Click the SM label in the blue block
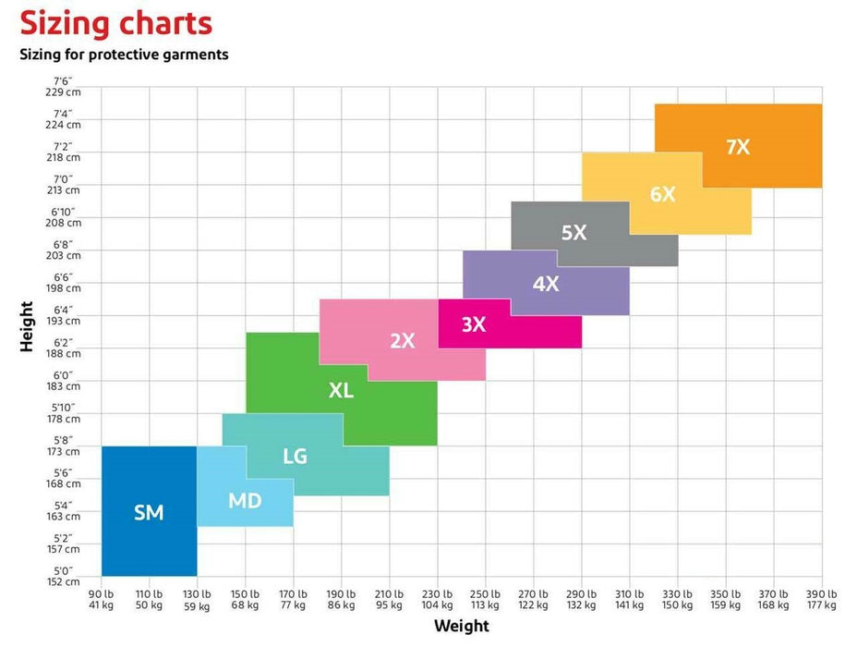pyautogui.click(x=149, y=512)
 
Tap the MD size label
pyautogui.click(x=245, y=500)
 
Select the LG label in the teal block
pyautogui.click(x=296, y=456)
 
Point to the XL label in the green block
pyautogui.click(x=341, y=390)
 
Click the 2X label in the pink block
pyautogui.click(x=403, y=341)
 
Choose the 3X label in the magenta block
pyautogui.click(x=474, y=324)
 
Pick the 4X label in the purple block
pyautogui.click(x=546, y=284)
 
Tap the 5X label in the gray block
pyautogui.click(x=573, y=232)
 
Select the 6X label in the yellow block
pyautogui.click(x=662, y=194)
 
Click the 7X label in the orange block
pyautogui.click(x=738, y=147)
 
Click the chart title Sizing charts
pyautogui.click(x=115, y=24)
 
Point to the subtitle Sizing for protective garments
pyautogui.click(x=124, y=55)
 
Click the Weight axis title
pyautogui.click(x=462, y=626)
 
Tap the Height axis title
pyautogui.click(x=26, y=326)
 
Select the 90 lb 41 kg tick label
pyautogui.click(x=101, y=600)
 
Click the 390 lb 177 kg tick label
pyautogui.click(x=822, y=600)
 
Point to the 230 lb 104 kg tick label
pyautogui.click(x=437, y=600)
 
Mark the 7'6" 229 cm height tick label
pyautogui.click(x=63, y=86)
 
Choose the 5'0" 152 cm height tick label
pyautogui.click(x=64, y=576)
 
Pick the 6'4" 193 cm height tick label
pyautogui.click(x=64, y=315)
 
